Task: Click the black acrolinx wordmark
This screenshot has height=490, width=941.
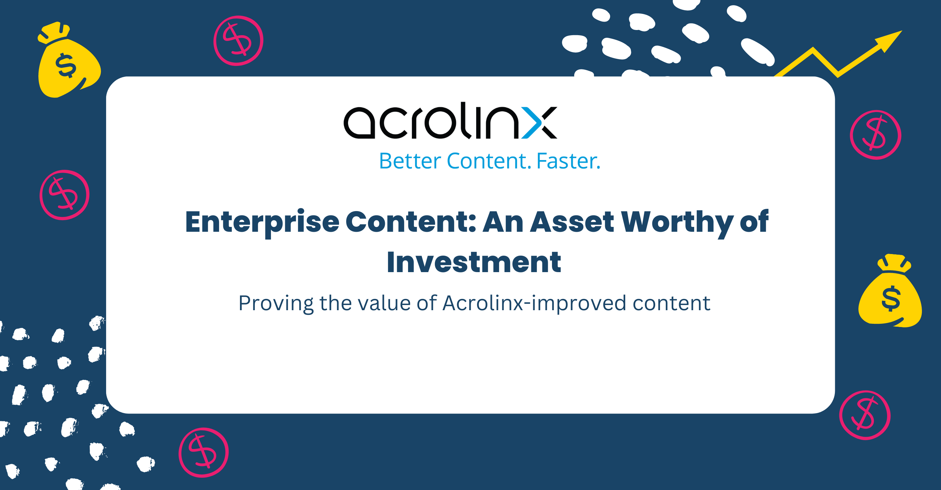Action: click(x=450, y=121)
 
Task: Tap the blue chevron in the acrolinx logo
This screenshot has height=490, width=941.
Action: click(x=532, y=123)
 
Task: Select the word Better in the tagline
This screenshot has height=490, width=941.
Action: click(x=410, y=161)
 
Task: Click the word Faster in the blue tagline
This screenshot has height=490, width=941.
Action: click(x=568, y=161)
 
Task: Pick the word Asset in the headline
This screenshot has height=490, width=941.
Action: click(x=572, y=222)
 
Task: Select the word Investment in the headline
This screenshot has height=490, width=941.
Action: click(x=474, y=262)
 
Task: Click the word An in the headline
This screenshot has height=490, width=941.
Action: click(x=503, y=222)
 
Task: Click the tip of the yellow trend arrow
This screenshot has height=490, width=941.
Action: click(x=902, y=31)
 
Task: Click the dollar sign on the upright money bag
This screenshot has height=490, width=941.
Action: click(x=891, y=299)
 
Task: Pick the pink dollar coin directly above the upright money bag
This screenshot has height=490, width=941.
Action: click(x=875, y=135)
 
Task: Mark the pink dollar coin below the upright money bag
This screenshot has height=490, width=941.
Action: click(x=865, y=415)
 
